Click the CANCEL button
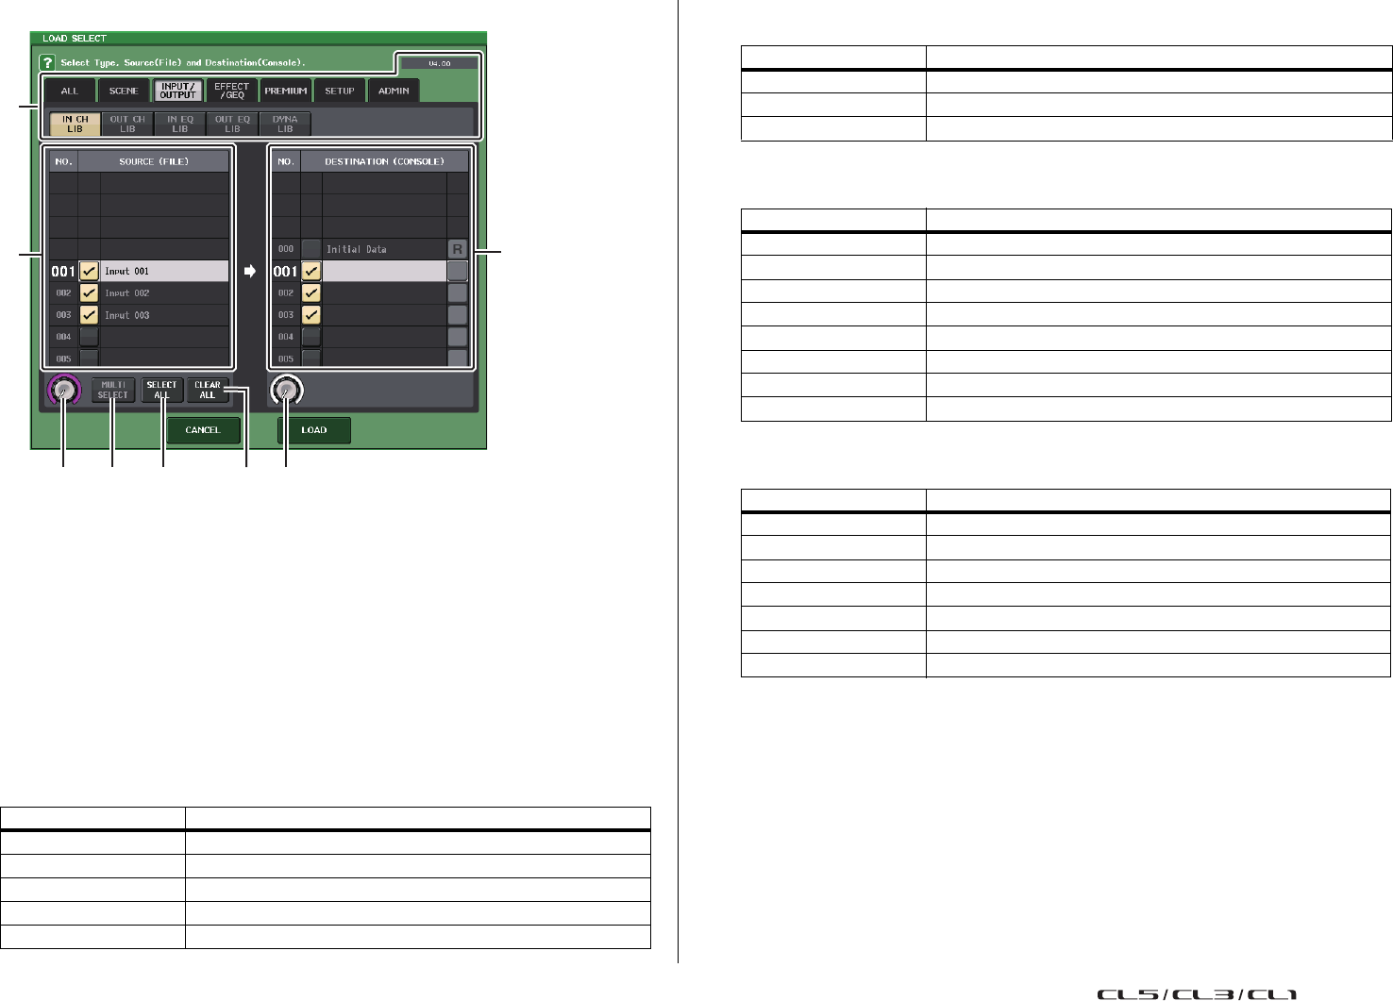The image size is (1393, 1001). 203,430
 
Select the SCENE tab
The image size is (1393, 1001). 124,91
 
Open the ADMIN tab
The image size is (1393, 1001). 394,91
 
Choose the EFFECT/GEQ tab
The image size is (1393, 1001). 232,91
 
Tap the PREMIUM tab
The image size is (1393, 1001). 286,91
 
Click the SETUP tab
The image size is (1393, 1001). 340,91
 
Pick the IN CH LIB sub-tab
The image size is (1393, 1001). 75,125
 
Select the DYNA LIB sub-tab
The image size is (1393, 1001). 285,125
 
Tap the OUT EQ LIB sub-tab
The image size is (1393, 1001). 232,125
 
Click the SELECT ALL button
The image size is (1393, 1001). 161,390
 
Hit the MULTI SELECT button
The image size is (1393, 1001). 112,390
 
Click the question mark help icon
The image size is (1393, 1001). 47,62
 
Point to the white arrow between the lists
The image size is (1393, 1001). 250,271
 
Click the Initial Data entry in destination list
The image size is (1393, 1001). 357,249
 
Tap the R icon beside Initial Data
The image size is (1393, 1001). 458,249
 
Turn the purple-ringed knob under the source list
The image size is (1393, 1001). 63,390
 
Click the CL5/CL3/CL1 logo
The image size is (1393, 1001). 1196,993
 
